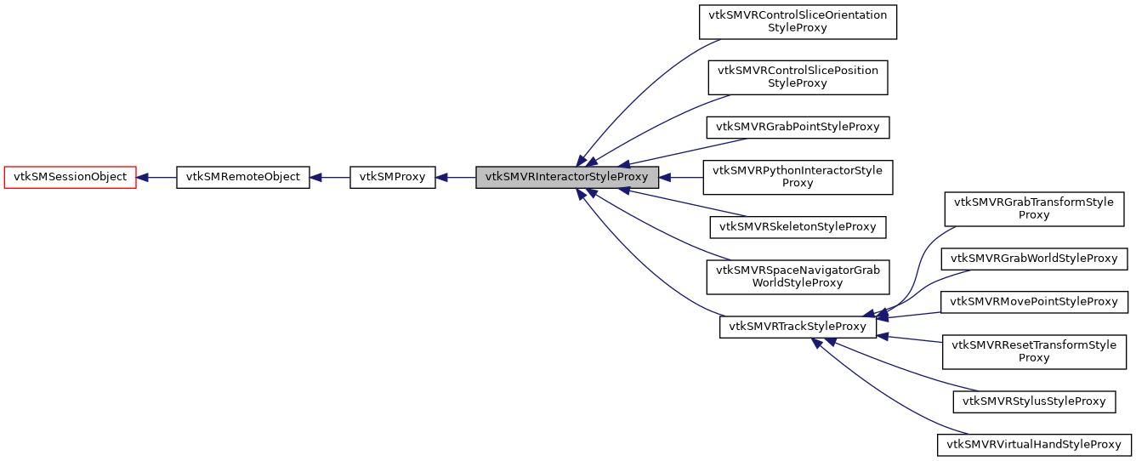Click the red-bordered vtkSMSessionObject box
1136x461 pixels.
pos(71,177)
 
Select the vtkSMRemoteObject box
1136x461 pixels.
pos(242,177)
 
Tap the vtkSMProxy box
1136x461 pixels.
pos(392,177)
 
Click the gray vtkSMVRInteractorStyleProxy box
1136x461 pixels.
pos(566,177)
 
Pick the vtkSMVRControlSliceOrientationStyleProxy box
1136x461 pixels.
pos(798,21)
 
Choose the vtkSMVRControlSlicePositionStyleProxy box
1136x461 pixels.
pos(798,77)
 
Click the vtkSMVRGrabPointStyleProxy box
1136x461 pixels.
pos(798,128)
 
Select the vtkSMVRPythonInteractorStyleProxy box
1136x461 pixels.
pos(798,177)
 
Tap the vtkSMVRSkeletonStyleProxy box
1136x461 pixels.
pos(798,226)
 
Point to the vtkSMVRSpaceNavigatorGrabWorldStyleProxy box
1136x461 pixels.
pos(798,276)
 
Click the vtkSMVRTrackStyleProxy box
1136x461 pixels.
pos(797,327)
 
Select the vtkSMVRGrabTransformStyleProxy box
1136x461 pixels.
pos(1033,208)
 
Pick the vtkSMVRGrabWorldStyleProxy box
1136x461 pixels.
pos(1033,258)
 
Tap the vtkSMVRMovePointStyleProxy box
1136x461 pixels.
pos(1033,301)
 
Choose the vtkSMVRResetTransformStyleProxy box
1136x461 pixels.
pos(1033,351)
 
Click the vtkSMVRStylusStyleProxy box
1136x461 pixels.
pos(1033,401)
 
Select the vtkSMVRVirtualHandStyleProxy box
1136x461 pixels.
pos(1033,444)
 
